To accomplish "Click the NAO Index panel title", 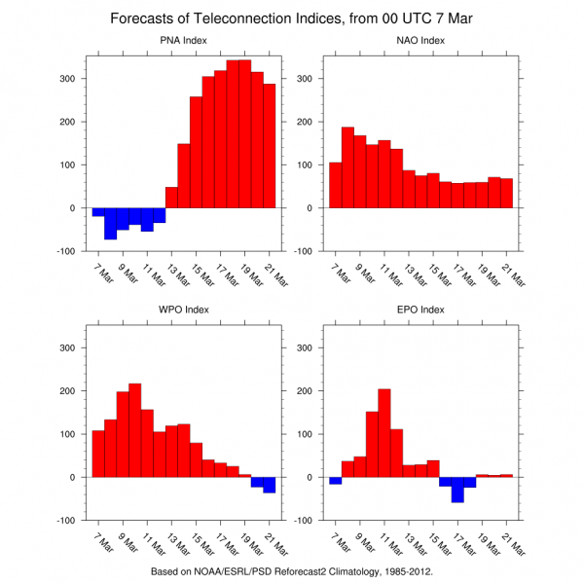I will [x=420, y=40].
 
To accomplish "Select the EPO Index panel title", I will [x=420, y=310].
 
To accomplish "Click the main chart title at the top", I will [x=292, y=18].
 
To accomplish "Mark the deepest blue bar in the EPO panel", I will [x=457, y=489].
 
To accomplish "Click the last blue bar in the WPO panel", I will [x=269, y=485].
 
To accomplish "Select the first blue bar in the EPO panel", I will [x=335, y=480].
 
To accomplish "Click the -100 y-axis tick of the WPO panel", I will [x=70, y=521].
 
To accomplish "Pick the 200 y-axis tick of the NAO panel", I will [x=309, y=122].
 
